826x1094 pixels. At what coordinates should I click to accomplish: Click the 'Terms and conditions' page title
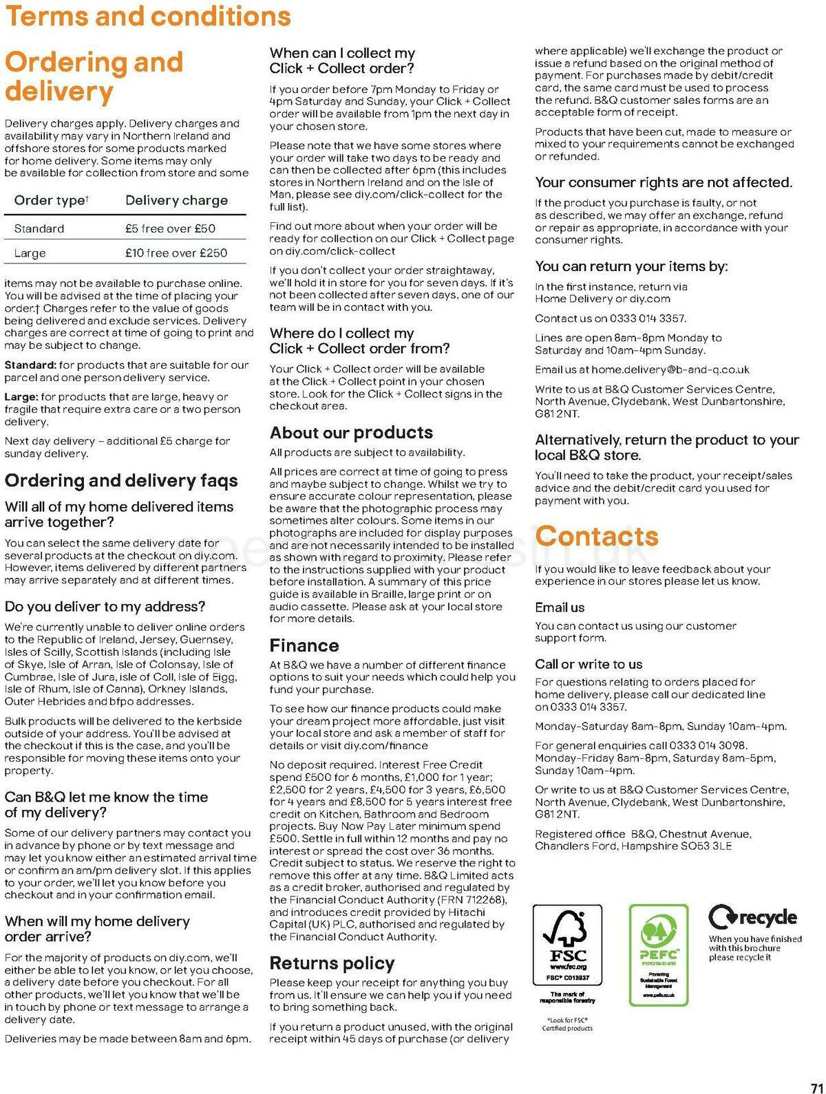(148, 17)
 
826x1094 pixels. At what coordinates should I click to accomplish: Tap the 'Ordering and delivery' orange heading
(94, 76)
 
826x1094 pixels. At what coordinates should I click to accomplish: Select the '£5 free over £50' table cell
(170, 228)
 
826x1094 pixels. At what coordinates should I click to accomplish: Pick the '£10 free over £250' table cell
(176, 253)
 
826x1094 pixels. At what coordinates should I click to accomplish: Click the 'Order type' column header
(51, 200)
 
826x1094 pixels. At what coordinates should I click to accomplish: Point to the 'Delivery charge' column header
(176, 200)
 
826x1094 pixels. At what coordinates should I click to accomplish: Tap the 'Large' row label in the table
(30, 253)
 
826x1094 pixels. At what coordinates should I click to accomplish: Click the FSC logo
(567, 945)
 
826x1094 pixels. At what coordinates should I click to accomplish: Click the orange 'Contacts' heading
(597, 536)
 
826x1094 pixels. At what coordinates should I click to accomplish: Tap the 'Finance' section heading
(304, 645)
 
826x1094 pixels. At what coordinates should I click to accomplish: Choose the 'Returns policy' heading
(332, 963)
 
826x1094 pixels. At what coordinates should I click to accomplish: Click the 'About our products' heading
(351, 433)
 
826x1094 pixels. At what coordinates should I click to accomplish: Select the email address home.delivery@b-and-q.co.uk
(670, 369)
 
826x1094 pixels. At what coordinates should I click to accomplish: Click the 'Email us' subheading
(560, 608)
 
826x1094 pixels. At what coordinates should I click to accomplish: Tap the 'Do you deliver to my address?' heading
(105, 607)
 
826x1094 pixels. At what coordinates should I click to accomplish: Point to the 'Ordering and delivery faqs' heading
(121, 481)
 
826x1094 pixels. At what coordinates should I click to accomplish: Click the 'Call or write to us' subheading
(589, 664)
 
